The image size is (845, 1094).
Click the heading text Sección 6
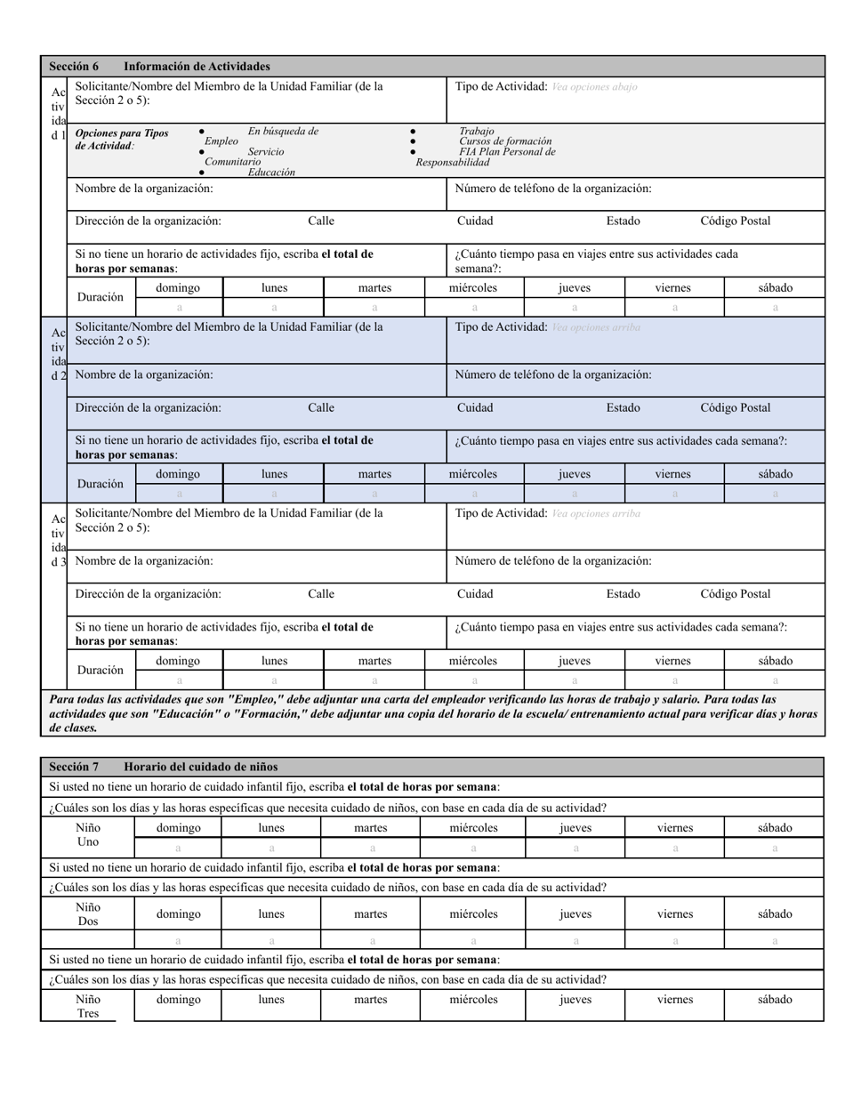pyautogui.click(x=74, y=67)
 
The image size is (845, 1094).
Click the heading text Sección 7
pyautogui.click(x=74, y=767)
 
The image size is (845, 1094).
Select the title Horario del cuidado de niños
pyautogui.click(x=200, y=767)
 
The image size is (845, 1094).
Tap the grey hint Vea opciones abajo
pyautogui.click(x=594, y=87)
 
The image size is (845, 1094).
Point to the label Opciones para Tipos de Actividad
pyautogui.click(x=121, y=140)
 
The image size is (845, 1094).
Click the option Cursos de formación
pyautogui.click(x=505, y=141)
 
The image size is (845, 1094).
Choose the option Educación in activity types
pyautogui.click(x=271, y=173)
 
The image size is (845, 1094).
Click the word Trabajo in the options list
pyautogui.click(x=477, y=131)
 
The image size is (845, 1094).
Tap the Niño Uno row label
pyautogui.click(x=88, y=834)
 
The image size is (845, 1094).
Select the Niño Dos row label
pyautogui.click(x=88, y=914)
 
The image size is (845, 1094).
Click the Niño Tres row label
pyautogui.click(x=88, y=1006)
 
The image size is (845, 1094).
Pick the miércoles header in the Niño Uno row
pyautogui.click(x=473, y=828)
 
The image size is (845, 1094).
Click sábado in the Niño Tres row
pyautogui.click(x=775, y=1000)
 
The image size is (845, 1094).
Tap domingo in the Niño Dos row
pyautogui.click(x=178, y=913)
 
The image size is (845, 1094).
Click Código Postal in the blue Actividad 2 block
pyautogui.click(x=735, y=408)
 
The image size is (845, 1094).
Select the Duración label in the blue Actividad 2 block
pyautogui.click(x=101, y=484)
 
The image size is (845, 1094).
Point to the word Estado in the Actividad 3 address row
pyautogui.click(x=623, y=594)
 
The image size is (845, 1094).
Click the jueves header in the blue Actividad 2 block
pyautogui.click(x=574, y=474)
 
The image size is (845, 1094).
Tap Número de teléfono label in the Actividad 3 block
pyautogui.click(x=552, y=561)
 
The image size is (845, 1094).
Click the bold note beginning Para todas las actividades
pyautogui.click(x=433, y=713)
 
